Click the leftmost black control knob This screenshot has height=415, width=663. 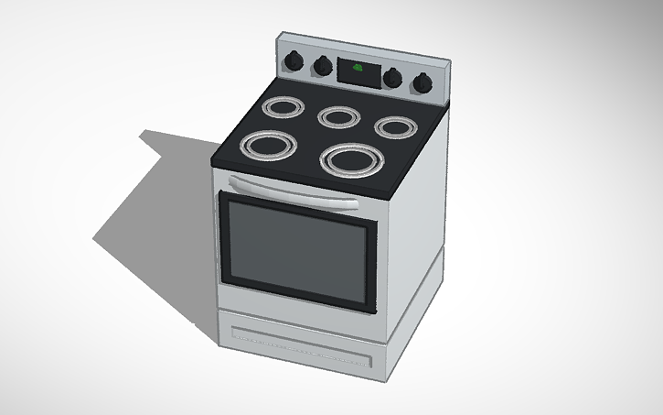click(294, 60)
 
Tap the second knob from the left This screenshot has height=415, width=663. click(323, 66)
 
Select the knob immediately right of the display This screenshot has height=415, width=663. click(393, 78)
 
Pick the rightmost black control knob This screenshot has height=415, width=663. click(422, 83)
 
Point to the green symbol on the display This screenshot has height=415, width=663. click(358, 69)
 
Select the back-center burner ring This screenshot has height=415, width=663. click(339, 117)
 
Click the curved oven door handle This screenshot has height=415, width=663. click(293, 189)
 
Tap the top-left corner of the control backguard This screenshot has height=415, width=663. click(278, 38)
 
